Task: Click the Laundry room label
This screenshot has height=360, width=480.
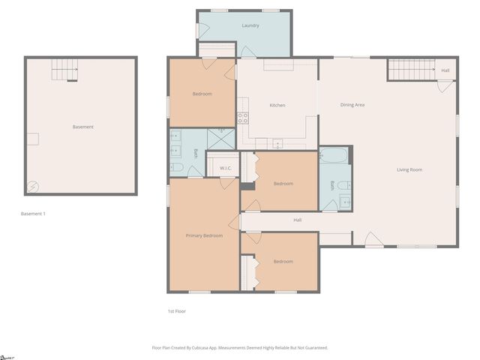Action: point(250,25)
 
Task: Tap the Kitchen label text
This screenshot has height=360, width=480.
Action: point(277,105)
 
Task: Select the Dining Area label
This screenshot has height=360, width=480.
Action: point(352,105)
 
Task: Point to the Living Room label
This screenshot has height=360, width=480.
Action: point(409,169)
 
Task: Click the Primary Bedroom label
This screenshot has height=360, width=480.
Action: point(204,235)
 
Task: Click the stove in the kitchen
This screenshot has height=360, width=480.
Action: point(243,118)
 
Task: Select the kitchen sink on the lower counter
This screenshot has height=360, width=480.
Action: point(277,142)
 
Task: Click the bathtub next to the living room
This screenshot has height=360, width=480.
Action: point(333,156)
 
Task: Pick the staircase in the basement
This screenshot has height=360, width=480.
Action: point(64,70)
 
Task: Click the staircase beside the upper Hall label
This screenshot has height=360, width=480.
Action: point(412,70)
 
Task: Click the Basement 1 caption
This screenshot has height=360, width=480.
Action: point(33,214)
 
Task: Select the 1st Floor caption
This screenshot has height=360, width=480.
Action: point(176,310)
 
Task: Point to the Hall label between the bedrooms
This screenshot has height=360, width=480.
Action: point(297,220)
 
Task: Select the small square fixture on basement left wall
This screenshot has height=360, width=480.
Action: point(32,139)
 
